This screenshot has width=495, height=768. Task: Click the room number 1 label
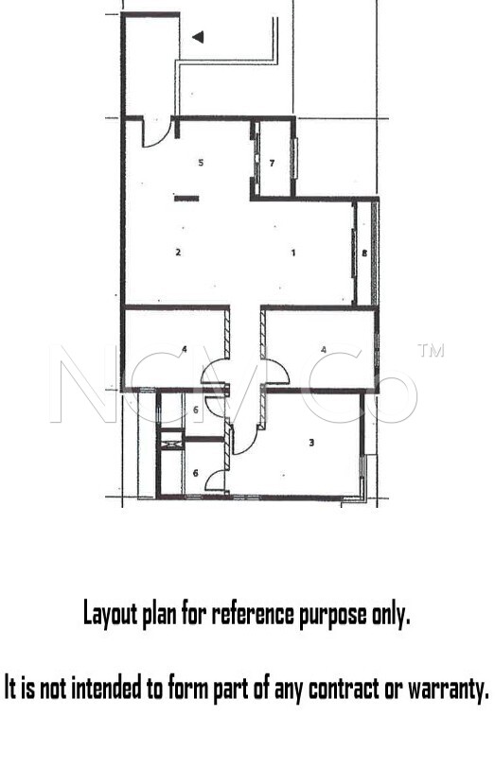293,253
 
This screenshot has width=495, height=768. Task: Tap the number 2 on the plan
178,253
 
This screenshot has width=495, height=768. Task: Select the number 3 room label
311,443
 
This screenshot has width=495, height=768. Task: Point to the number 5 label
201,162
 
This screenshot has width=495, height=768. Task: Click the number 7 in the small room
272,163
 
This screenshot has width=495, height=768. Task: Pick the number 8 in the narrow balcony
364,253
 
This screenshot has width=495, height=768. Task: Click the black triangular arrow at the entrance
198,37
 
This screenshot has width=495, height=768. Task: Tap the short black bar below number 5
186,199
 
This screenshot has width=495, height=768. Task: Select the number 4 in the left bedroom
185,349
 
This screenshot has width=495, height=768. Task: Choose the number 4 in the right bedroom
324,349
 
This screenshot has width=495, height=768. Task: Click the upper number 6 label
196,410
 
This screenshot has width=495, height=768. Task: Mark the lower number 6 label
196,473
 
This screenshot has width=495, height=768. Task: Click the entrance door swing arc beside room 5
161,141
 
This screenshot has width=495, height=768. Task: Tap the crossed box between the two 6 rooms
171,444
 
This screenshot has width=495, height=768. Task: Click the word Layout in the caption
110,614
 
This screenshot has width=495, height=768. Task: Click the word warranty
449,689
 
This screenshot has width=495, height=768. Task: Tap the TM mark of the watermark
431,350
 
